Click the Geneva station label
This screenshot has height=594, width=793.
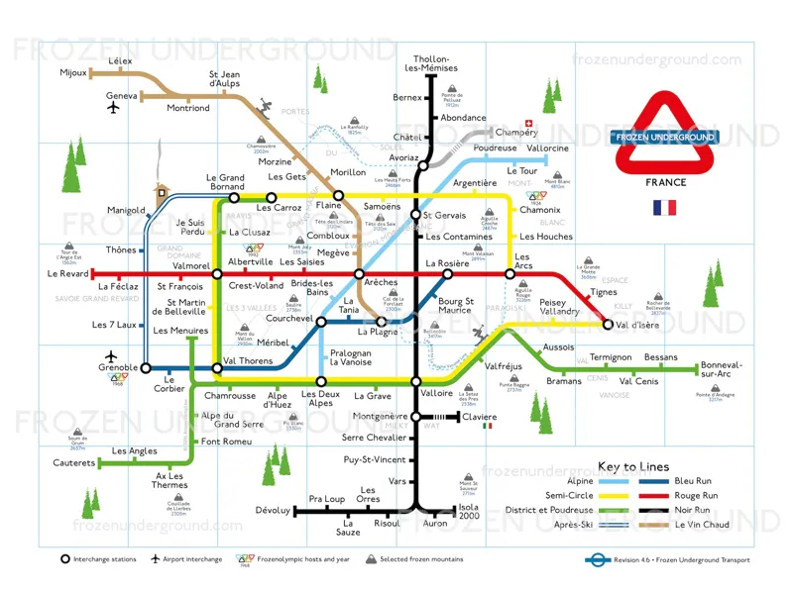[121, 96]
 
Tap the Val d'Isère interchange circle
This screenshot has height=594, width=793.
[608, 324]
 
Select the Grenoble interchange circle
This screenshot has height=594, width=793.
[146, 367]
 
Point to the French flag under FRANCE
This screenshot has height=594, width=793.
[664, 208]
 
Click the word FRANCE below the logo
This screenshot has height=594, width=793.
[665, 182]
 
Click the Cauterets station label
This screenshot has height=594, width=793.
[74, 462]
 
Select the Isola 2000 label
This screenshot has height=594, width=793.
[468, 512]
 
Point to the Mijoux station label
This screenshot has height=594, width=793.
[73, 72]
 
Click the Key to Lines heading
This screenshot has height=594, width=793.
[632, 466]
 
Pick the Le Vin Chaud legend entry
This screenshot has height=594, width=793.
[702, 525]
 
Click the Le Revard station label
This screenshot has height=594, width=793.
[67, 273]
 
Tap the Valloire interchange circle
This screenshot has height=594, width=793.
[416, 381]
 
